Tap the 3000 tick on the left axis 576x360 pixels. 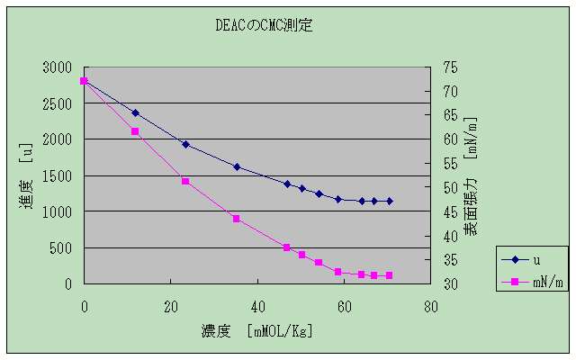click(x=57, y=67)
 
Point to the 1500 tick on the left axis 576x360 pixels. click(x=57, y=175)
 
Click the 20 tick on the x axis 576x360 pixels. click(x=171, y=305)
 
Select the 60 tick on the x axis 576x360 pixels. click(x=344, y=305)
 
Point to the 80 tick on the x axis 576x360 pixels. click(x=430, y=305)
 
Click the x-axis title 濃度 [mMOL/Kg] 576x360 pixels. click(x=256, y=331)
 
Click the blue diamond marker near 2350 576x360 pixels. click(x=135, y=113)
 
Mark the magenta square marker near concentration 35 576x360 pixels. click(x=236, y=219)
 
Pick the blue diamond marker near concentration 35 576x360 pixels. click(x=236, y=166)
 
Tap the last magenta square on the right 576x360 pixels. click(x=389, y=275)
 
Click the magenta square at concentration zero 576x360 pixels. click(x=84, y=81)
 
